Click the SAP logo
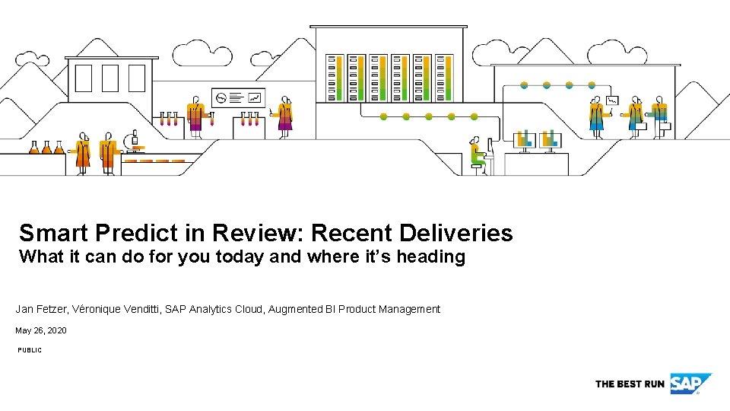[690, 384]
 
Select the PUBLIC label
[30, 350]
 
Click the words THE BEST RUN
[630, 384]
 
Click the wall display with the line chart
[237, 97]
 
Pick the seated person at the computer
[477, 155]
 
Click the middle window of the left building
[110, 78]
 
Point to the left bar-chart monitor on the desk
[524, 139]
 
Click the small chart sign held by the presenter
[611, 100]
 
